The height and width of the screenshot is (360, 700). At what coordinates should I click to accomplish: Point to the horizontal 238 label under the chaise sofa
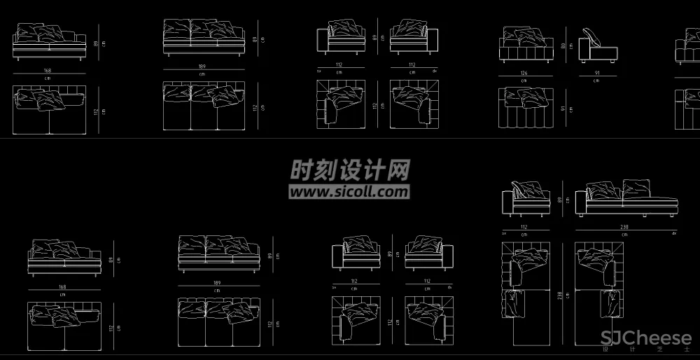(x=625, y=227)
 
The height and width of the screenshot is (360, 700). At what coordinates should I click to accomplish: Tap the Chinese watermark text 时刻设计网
(x=350, y=169)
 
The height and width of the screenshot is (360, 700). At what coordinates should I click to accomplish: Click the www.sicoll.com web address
(x=349, y=191)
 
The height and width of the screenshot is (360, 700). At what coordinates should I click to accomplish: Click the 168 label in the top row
(x=48, y=70)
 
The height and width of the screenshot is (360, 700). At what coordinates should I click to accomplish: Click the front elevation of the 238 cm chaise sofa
(x=626, y=198)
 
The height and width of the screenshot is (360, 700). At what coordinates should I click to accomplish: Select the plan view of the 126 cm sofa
(x=525, y=108)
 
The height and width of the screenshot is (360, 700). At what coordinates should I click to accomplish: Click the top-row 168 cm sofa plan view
(x=49, y=109)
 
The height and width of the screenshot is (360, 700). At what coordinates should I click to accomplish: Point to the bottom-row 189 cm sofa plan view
(x=218, y=322)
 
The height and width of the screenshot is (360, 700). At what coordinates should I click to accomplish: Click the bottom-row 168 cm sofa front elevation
(x=64, y=258)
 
